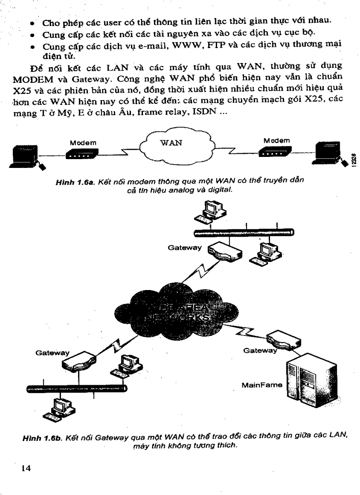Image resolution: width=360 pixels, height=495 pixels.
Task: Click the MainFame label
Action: pyautogui.click(x=262, y=385)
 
